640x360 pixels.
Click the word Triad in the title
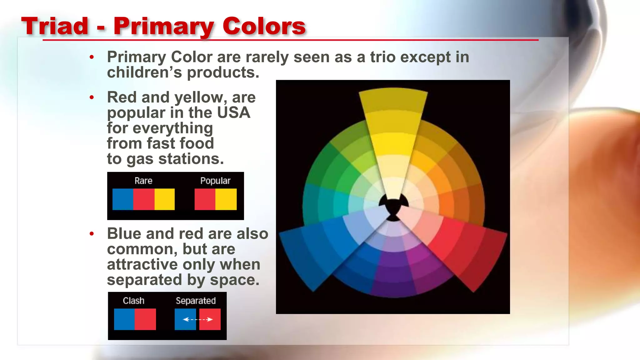pos(55,26)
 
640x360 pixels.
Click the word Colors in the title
pos(264,26)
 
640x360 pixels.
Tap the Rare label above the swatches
pos(143,181)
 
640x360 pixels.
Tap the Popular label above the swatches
pos(215,181)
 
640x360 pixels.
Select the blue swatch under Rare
pos(123,199)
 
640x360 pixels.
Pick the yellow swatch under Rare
pos(165,199)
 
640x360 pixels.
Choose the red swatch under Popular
pos(205,199)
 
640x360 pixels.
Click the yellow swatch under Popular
pos(226,199)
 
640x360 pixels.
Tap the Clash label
pos(133,301)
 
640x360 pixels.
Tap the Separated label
pos(196,301)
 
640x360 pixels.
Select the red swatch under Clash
pos(145,319)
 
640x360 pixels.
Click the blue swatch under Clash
pos(124,319)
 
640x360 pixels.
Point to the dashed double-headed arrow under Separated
pos(197,319)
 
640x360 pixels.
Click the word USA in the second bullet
pos(233,113)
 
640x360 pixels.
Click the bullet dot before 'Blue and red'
pos(92,234)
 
